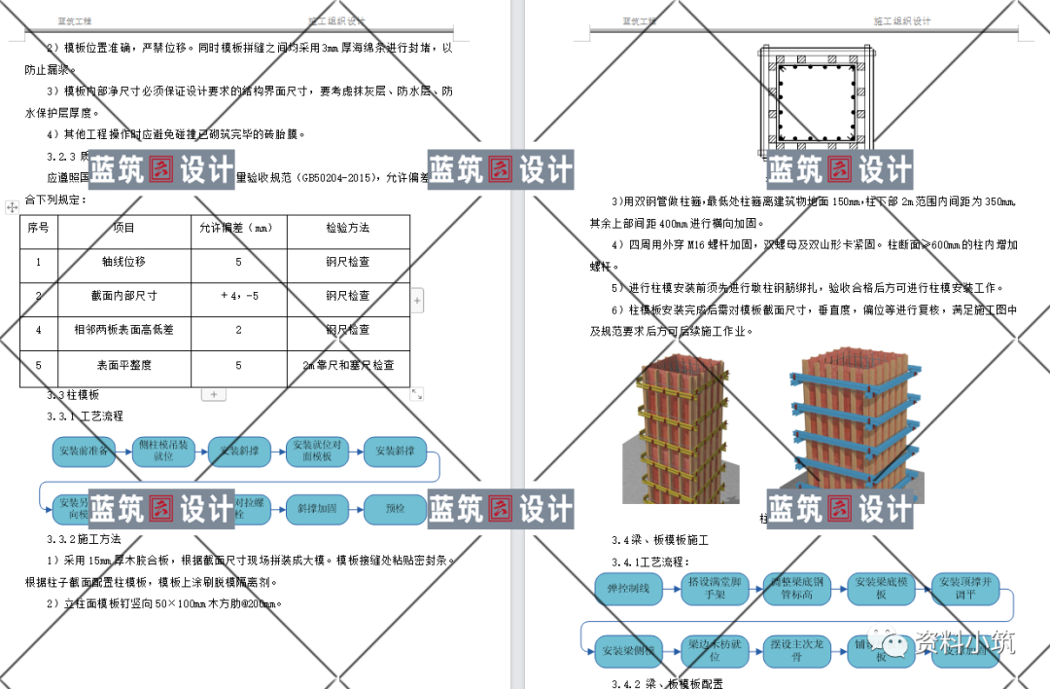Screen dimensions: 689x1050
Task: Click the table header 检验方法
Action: tap(348, 228)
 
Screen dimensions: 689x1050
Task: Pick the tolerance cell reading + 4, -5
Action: tap(238, 295)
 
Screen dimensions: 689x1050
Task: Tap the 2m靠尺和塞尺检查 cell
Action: tap(348, 365)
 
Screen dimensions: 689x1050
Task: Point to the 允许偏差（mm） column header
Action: tap(238, 228)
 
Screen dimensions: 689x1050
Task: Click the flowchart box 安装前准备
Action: tap(85, 451)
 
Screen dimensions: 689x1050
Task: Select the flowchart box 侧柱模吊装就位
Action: tap(162, 451)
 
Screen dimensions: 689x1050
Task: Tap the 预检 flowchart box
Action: tap(395, 507)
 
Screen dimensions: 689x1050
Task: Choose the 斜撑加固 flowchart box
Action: tap(318, 507)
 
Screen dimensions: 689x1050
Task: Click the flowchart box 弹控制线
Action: tap(628, 588)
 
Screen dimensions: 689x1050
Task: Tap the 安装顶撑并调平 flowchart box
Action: tap(965, 588)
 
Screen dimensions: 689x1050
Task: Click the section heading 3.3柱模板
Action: tap(74, 395)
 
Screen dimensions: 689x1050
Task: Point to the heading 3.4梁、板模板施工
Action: tap(660, 539)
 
